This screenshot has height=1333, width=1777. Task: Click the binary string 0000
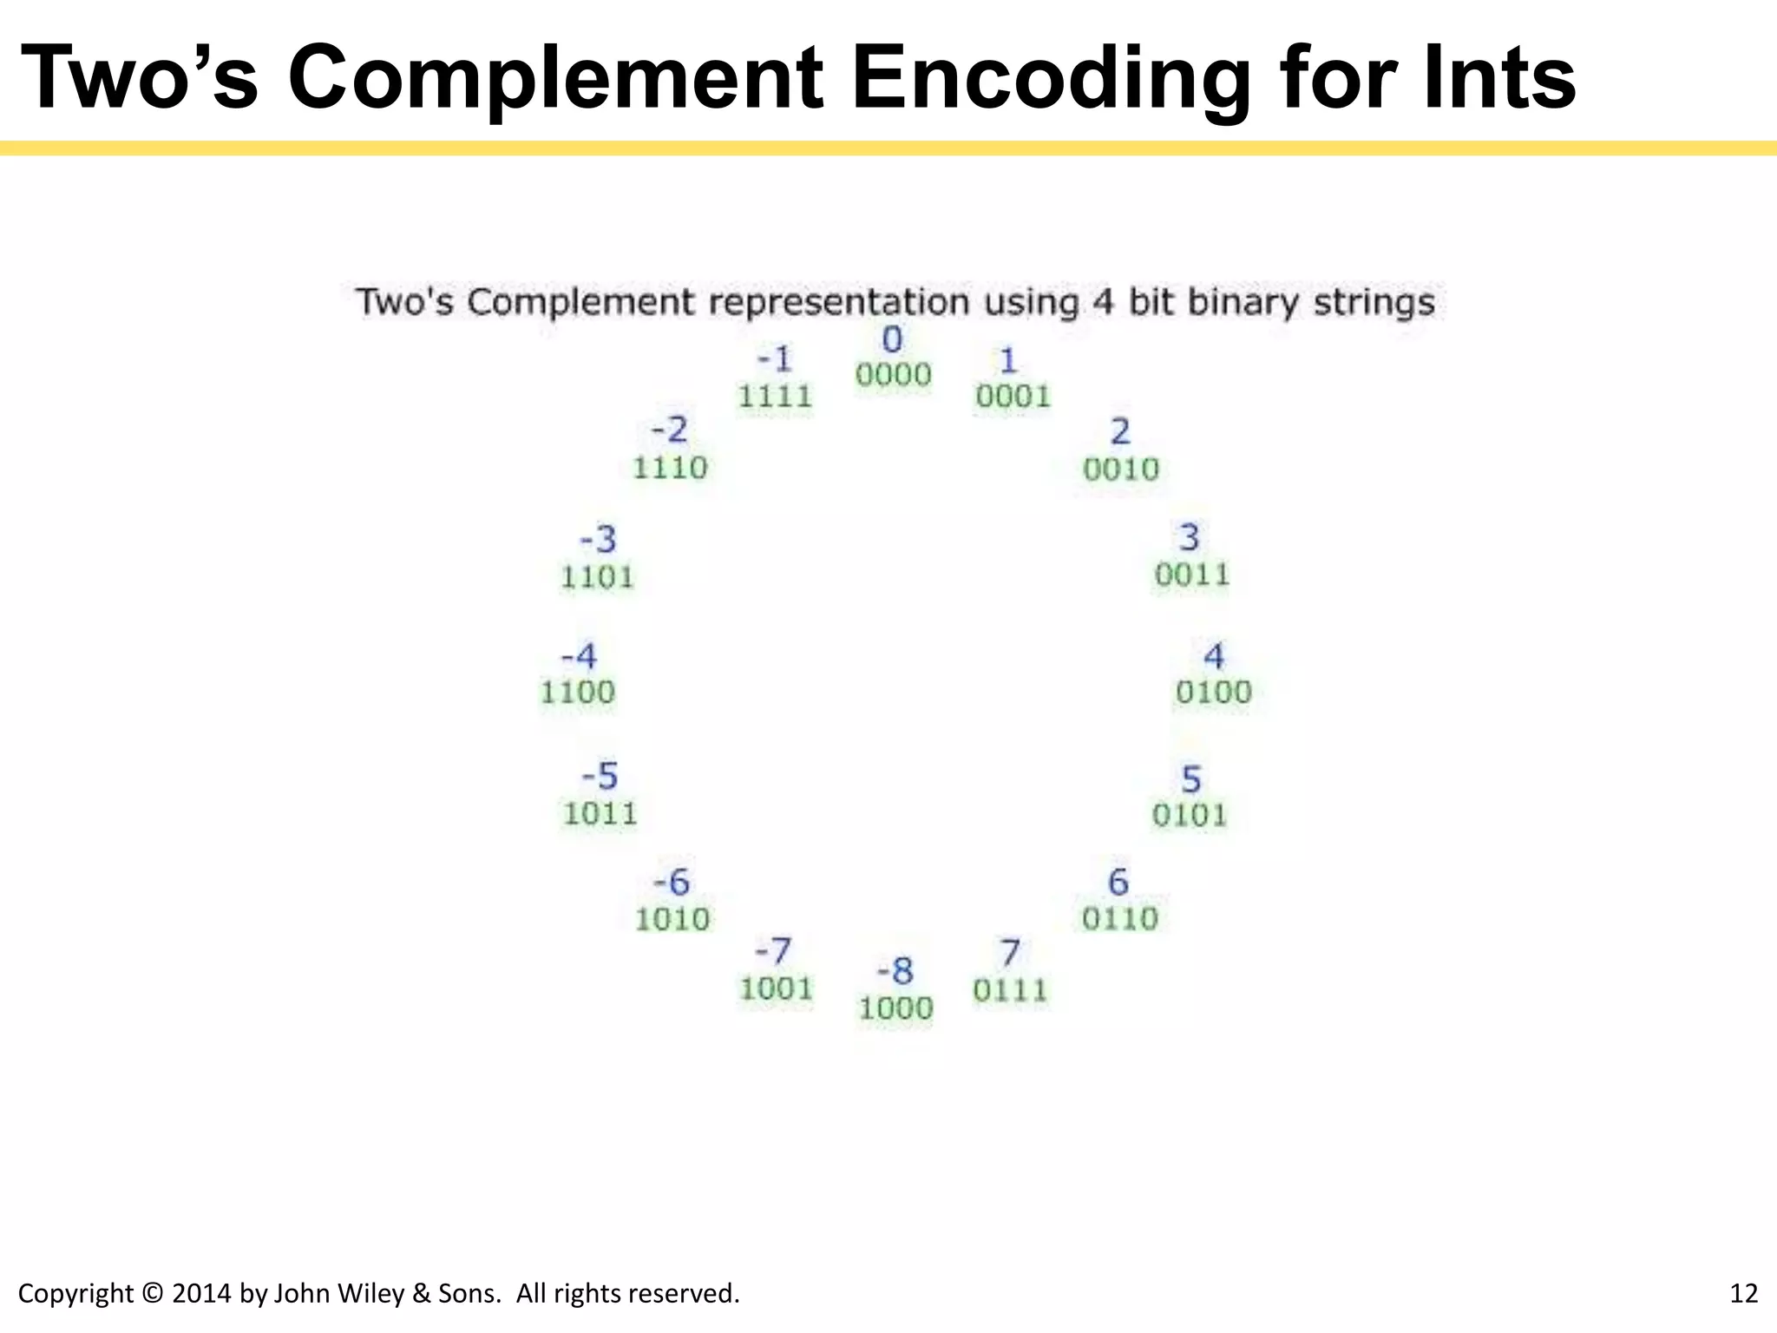coord(893,375)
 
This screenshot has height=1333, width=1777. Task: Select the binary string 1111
coord(775,397)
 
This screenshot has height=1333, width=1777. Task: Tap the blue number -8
coord(895,970)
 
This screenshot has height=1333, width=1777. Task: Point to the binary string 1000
coord(895,1008)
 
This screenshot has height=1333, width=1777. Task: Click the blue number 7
coord(1010,953)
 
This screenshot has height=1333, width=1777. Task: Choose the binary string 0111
coord(1010,990)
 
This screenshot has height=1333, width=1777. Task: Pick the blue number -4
coord(579,656)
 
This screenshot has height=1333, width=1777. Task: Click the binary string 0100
coord(1214,693)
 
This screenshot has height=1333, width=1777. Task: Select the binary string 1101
coord(597,577)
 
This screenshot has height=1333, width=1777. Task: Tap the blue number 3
coord(1190,537)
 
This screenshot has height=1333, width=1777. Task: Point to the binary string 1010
coord(672,919)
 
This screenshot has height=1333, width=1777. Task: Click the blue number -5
coord(600,776)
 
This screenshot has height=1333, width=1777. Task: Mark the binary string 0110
coord(1119,918)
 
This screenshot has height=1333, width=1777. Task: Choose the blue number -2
coord(669,430)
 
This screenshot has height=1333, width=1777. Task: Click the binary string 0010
coord(1121,470)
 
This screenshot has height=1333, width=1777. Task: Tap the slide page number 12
coord(1743,1293)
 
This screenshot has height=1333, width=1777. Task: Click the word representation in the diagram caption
coord(838,303)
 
